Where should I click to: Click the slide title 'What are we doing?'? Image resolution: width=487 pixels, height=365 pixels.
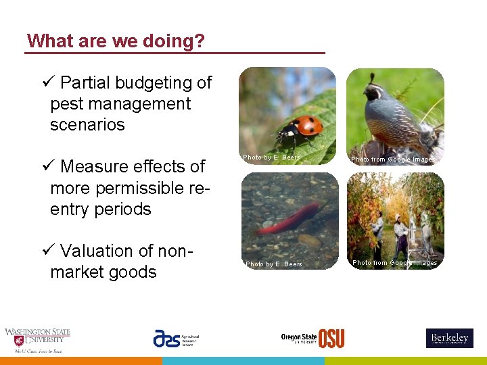(116, 41)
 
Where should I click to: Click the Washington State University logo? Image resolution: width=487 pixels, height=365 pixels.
(37, 340)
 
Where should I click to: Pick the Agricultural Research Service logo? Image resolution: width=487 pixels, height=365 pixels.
(176, 338)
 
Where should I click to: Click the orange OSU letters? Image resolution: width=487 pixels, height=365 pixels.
(331, 338)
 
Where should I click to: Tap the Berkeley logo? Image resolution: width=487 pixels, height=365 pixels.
(449, 338)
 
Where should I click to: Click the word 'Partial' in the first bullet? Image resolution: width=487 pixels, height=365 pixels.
(85, 83)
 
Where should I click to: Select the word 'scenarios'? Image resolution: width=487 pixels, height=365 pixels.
(87, 125)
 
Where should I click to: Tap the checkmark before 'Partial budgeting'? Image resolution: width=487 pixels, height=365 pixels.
(47, 83)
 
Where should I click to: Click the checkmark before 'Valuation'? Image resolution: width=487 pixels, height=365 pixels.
(47, 251)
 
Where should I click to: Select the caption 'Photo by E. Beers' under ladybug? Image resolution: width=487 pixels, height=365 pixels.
(271, 157)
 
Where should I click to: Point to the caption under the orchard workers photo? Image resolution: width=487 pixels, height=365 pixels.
(394, 263)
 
